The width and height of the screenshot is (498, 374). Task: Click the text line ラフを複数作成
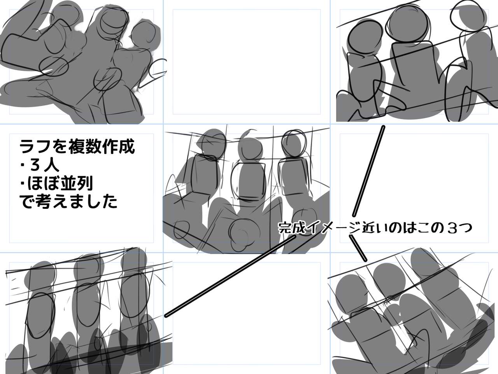[77, 147]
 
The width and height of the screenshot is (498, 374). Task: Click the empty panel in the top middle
[247, 62]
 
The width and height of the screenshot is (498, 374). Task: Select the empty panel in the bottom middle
[247, 318]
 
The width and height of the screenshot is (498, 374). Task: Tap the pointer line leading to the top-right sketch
[368, 171]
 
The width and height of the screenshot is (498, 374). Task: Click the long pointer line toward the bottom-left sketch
[230, 276]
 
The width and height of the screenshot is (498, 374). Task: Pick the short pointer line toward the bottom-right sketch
[358, 248]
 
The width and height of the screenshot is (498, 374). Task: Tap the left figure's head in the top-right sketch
[365, 39]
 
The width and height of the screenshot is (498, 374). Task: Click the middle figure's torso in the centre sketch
[249, 179]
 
